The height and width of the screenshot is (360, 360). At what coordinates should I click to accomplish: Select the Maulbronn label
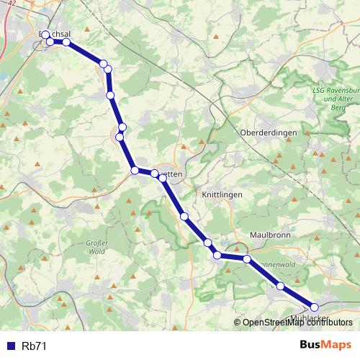click(x=269, y=235)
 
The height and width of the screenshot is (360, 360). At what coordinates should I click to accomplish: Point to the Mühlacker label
click(x=312, y=317)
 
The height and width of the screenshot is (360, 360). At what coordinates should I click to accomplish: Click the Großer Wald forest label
click(x=96, y=247)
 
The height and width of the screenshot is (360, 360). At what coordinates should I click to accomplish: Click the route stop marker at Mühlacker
click(x=314, y=307)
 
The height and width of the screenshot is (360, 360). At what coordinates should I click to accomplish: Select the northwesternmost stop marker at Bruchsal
click(x=45, y=35)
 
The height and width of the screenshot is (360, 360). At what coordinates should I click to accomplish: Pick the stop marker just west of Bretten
click(x=135, y=170)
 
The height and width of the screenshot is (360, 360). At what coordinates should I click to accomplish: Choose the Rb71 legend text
click(x=34, y=346)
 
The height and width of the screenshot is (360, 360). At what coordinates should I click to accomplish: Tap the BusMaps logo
click(x=325, y=346)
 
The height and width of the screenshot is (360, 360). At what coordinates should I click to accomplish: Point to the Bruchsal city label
click(x=58, y=34)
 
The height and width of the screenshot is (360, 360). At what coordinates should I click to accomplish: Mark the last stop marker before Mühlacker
click(x=280, y=287)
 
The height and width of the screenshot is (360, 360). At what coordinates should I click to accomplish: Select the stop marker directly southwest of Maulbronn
click(x=246, y=258)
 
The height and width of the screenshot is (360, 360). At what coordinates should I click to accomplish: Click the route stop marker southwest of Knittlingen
click(x=184, y=216)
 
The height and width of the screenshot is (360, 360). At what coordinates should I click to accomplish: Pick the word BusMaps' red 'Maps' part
click(x=338, y=346)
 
